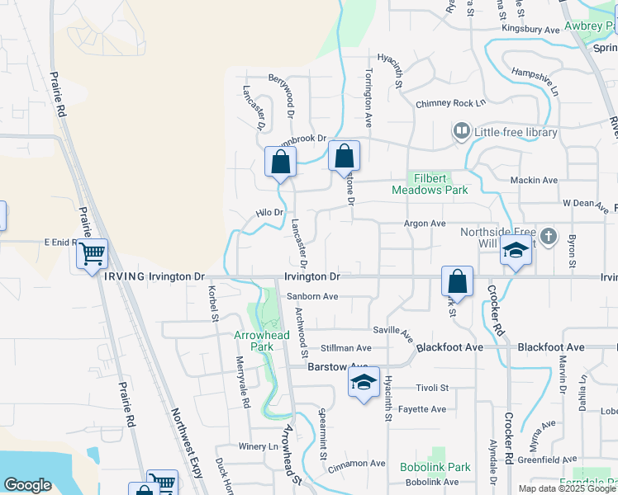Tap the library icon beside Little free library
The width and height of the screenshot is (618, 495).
coord(461,131)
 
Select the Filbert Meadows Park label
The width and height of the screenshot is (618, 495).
coord(430,184)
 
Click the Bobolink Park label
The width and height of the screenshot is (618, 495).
coord(435,467)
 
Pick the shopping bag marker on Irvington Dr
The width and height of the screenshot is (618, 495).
coord(457,281)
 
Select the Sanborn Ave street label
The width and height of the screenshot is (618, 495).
coord(312,297)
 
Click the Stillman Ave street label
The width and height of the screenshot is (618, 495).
coord(346,348)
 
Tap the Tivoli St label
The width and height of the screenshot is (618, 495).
coord(431,388)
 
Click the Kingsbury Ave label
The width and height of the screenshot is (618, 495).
coord(532,29)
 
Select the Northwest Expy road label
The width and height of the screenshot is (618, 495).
coord(187,439)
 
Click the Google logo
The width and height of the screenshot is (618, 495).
coord(27,485)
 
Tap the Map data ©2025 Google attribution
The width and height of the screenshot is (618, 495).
coord(567,488)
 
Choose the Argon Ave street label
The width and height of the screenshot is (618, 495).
coord(424,224)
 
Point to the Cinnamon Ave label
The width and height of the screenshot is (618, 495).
coord(356,464)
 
